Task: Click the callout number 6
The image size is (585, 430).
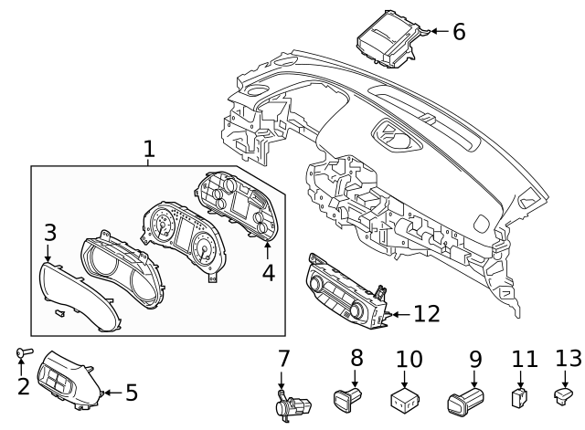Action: click(458, 32)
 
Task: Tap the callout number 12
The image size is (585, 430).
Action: click(426, 314)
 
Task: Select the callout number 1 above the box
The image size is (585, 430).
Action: click(149, 149)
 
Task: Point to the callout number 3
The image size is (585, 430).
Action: click(50, 233)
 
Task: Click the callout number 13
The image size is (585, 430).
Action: click(567, 358)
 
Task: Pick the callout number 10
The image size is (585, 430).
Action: click(409, 358)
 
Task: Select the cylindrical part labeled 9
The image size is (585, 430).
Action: click(465, 398)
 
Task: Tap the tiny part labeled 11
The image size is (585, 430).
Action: click(519, 397)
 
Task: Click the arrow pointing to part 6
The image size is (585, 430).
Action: click(437, 32)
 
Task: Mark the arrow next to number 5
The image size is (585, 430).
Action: click(108, 393)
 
